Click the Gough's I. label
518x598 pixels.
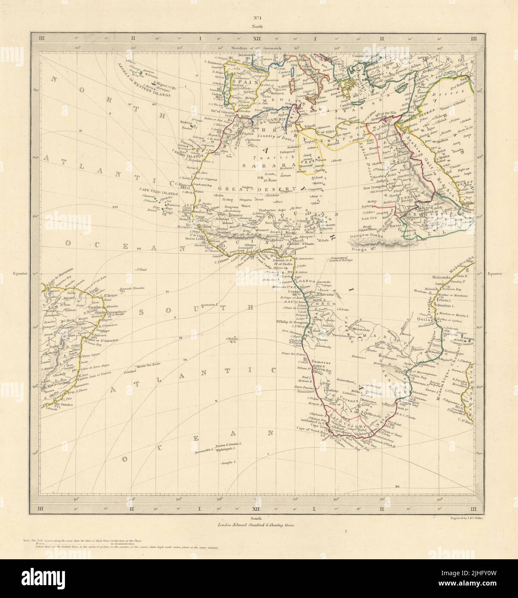click(229, 463)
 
